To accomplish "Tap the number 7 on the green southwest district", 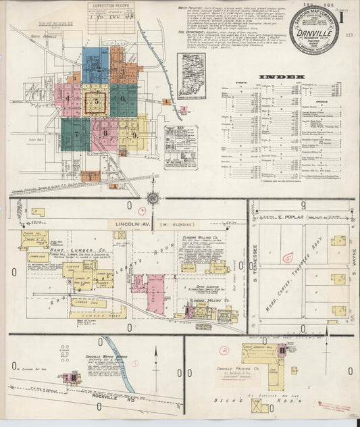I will pos(76,134).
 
